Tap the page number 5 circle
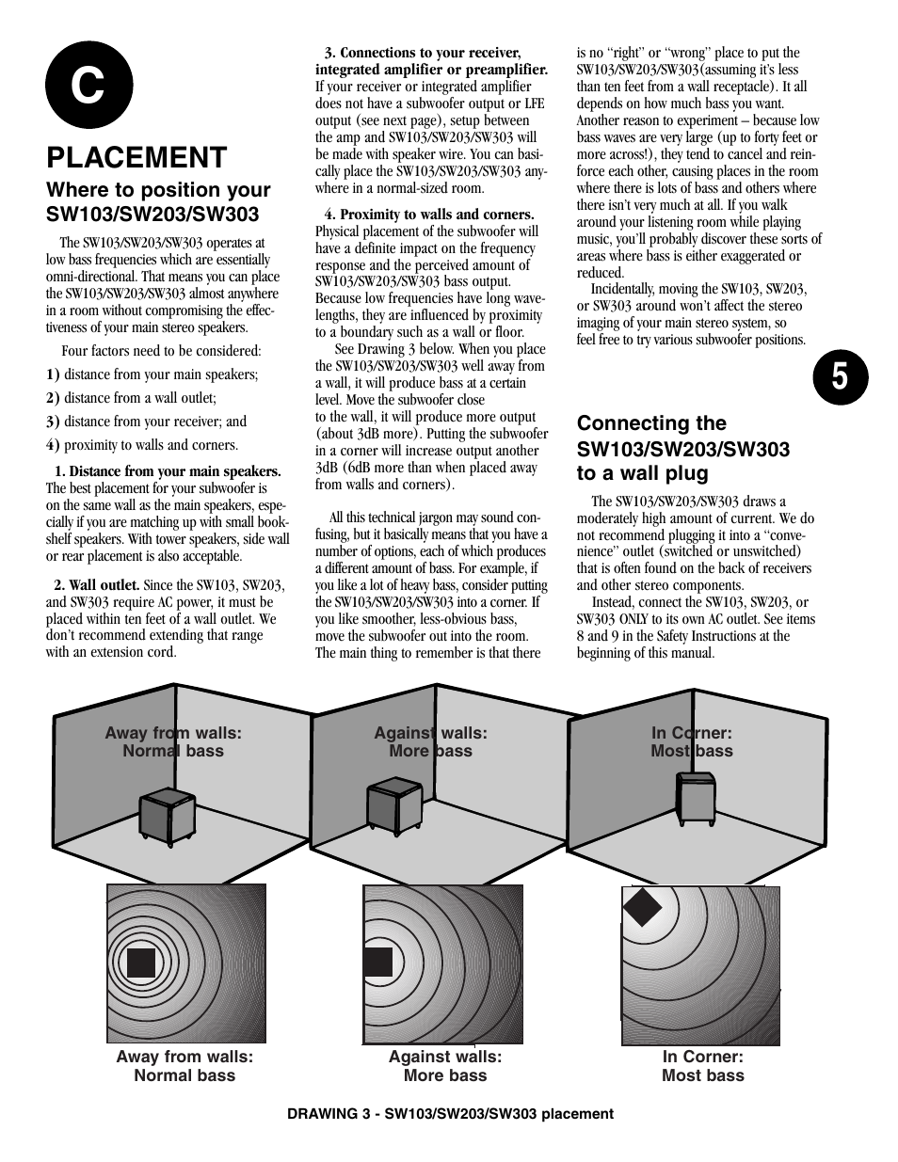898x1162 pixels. point(839,375)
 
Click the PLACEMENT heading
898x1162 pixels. point(136,156)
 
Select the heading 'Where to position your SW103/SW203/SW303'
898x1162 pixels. point(158,201)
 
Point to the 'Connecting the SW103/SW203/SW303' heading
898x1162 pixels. point(682,448)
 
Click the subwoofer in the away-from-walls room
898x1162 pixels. point(167,814)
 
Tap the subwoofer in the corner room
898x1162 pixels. point(695,799)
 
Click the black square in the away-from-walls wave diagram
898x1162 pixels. point(140,963)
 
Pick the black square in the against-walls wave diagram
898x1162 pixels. point(377,962)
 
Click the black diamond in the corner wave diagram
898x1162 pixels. point(643,907)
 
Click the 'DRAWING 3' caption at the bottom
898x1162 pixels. point(450,1113)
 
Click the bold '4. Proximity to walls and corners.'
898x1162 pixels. point(429,215)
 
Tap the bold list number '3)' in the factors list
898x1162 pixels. point(53,422)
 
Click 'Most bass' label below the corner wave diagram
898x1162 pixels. point(702,1075)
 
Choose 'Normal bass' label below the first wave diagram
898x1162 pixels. point(184,1075)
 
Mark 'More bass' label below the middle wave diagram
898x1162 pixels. point(445,1075)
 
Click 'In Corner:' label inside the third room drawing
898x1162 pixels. point(692,733)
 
